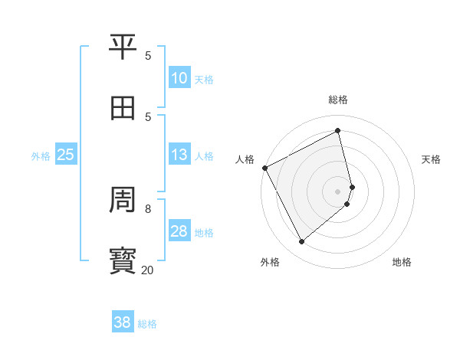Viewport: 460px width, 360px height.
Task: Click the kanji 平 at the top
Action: [x=123, y=47]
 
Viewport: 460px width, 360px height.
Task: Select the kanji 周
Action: [x=123, y=201]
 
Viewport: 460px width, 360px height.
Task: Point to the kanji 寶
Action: [x=123, y=261]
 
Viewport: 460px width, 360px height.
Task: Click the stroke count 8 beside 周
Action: [x=148, y=208]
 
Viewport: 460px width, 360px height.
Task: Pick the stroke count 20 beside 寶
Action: [x=147, y=270]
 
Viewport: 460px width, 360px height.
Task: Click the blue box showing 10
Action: [x=179, y=79]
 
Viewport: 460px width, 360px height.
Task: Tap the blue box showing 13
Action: [x=179, y=155]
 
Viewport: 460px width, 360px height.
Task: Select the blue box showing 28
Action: [x=179, y=231]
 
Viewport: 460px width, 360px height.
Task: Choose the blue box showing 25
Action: [x=66, y=155]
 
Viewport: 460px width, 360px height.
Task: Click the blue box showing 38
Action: [x=123, y=322]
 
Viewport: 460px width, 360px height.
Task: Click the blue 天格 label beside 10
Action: [x=204, y=80]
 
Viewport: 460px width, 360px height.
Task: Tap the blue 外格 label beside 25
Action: [x=41, y=156]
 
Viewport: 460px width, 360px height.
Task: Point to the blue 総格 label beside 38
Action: [x=147, y=324]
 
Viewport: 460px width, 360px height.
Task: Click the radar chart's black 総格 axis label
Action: [x=338, y=100]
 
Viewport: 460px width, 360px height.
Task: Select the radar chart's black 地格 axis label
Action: [x=402, y=262]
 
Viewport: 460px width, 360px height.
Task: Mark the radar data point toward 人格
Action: [x=264, y=168]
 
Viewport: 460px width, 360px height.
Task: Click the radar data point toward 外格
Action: [x=301, y=242]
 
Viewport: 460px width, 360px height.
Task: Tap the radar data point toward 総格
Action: [x=338, y=131]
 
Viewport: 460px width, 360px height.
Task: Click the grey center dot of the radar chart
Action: [x=338, y=191]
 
